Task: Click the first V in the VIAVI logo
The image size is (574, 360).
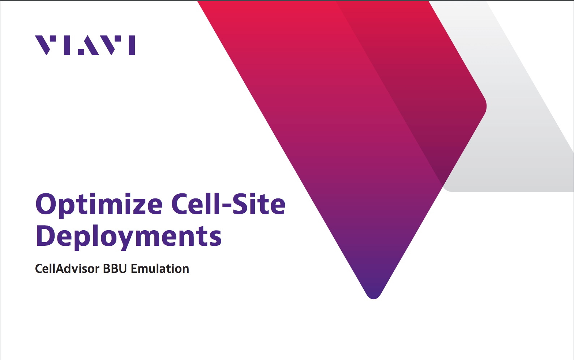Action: (46, 45)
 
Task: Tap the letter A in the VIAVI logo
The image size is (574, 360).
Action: (89, 45)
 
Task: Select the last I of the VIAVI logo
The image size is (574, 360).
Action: (132, 45)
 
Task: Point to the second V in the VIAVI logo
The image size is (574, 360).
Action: (110, 45)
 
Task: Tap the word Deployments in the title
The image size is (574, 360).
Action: (128, 237)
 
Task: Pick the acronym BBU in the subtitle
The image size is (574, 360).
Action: (115, 269)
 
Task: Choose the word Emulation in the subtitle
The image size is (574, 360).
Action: (160, 269)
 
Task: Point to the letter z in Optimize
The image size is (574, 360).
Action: (134, 207)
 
